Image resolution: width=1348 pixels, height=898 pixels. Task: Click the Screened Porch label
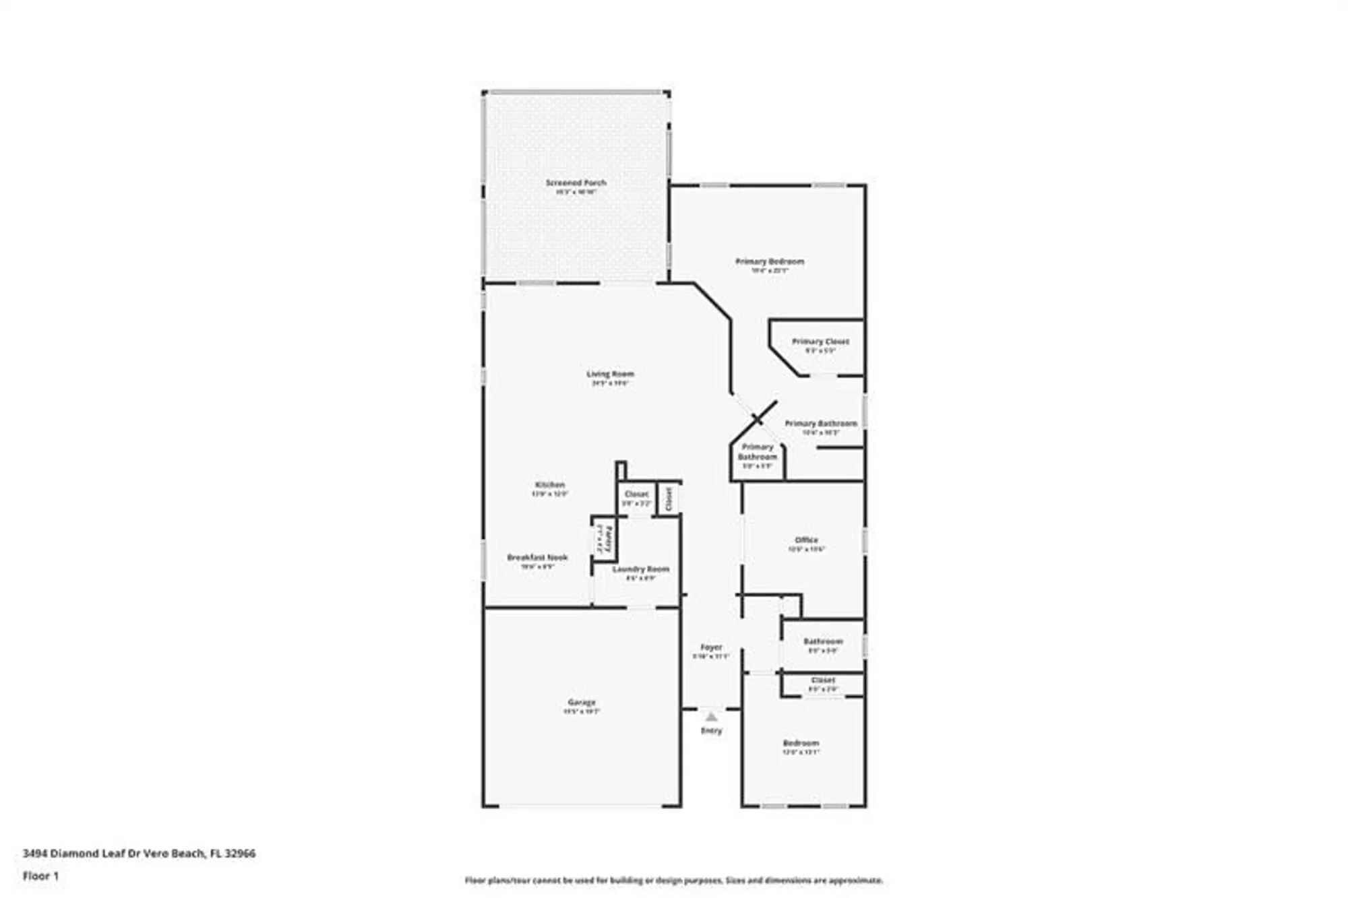point(576,183)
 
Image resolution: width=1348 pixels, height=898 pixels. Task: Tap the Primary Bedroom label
point(769,261)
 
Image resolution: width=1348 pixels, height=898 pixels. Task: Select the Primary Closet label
point(820,342)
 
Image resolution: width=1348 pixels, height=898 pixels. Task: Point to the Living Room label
point(610,374)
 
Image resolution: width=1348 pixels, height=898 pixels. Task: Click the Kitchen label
point(550,485)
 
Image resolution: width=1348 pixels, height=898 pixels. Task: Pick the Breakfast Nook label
point(537,558)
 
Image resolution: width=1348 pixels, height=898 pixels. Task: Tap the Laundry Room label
point(640,569)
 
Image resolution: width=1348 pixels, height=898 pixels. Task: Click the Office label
point(806,540)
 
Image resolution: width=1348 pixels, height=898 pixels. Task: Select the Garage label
point(581,702)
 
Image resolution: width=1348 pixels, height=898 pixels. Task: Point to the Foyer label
point(711,647)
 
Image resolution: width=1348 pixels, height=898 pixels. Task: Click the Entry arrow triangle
point(711,717)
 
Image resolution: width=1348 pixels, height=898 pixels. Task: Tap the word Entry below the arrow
point(711,730)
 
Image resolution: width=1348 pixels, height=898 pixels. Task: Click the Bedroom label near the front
point(801,743)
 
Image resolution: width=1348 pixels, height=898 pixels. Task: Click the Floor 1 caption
point(41,876)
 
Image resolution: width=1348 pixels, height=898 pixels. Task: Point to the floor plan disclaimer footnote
point(673,880)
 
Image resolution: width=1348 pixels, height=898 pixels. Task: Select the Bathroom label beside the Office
point(823,641)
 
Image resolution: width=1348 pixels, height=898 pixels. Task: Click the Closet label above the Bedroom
point(823,680)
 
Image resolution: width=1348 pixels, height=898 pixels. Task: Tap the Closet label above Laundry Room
point(636,494)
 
